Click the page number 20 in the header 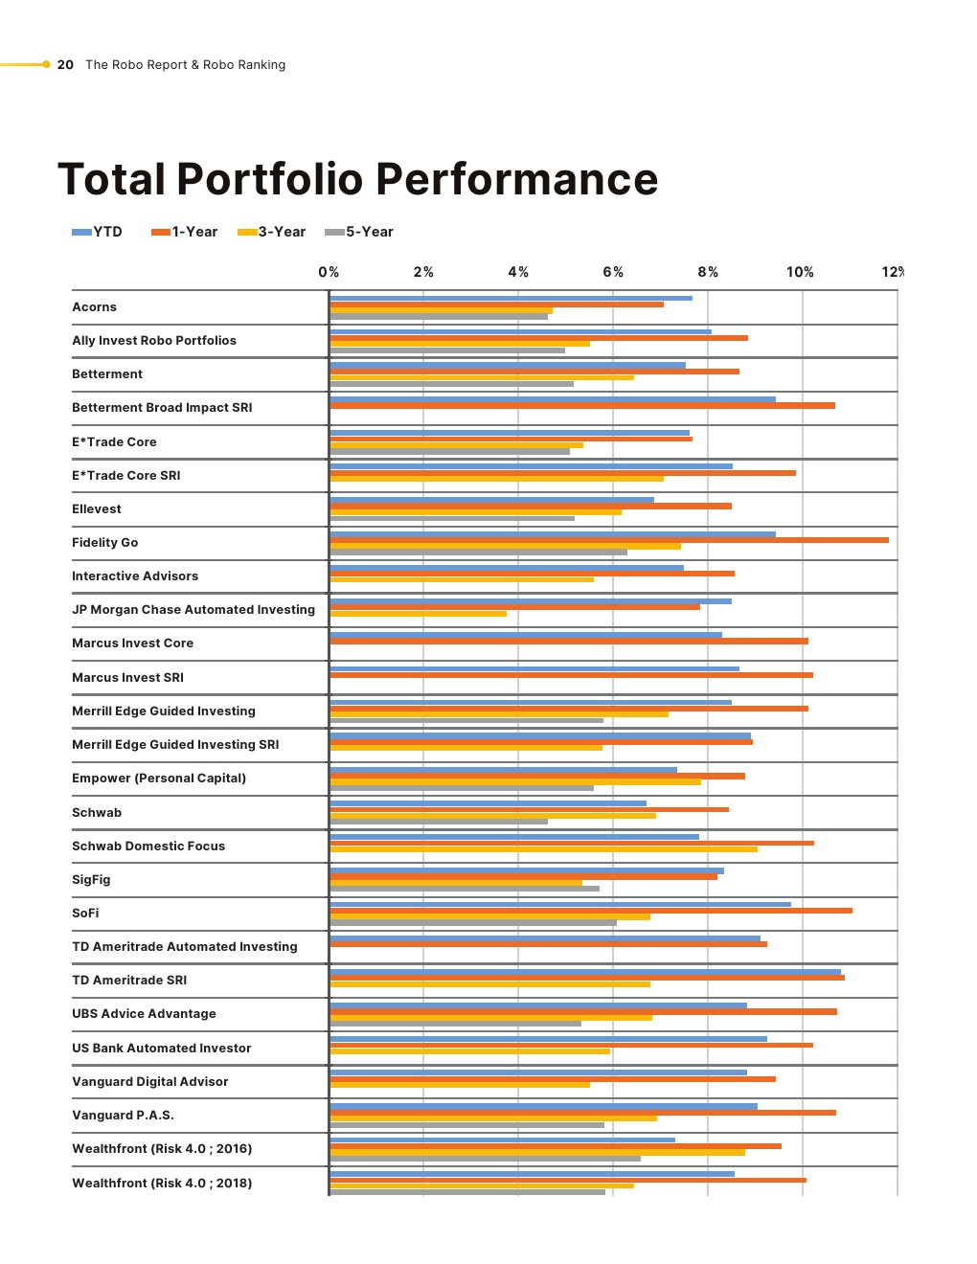(65, 65)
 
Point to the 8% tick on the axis (708, 272)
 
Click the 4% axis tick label (518, 272)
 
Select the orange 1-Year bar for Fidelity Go (609, 540)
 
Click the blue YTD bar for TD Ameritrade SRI (584, 972)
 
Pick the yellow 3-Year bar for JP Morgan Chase (418, 614)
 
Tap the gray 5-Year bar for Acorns (439, 317)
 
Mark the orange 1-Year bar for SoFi (591, 911)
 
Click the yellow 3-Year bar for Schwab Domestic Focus (543, 849)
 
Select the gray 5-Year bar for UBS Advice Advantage (455, 1024)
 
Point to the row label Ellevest (97, 509)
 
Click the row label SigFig (91, 880)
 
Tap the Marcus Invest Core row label (132, 643)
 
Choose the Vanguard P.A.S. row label (123, 1116)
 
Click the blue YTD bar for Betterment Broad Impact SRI (553, 399)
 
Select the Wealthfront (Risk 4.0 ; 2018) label (162, 1184)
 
